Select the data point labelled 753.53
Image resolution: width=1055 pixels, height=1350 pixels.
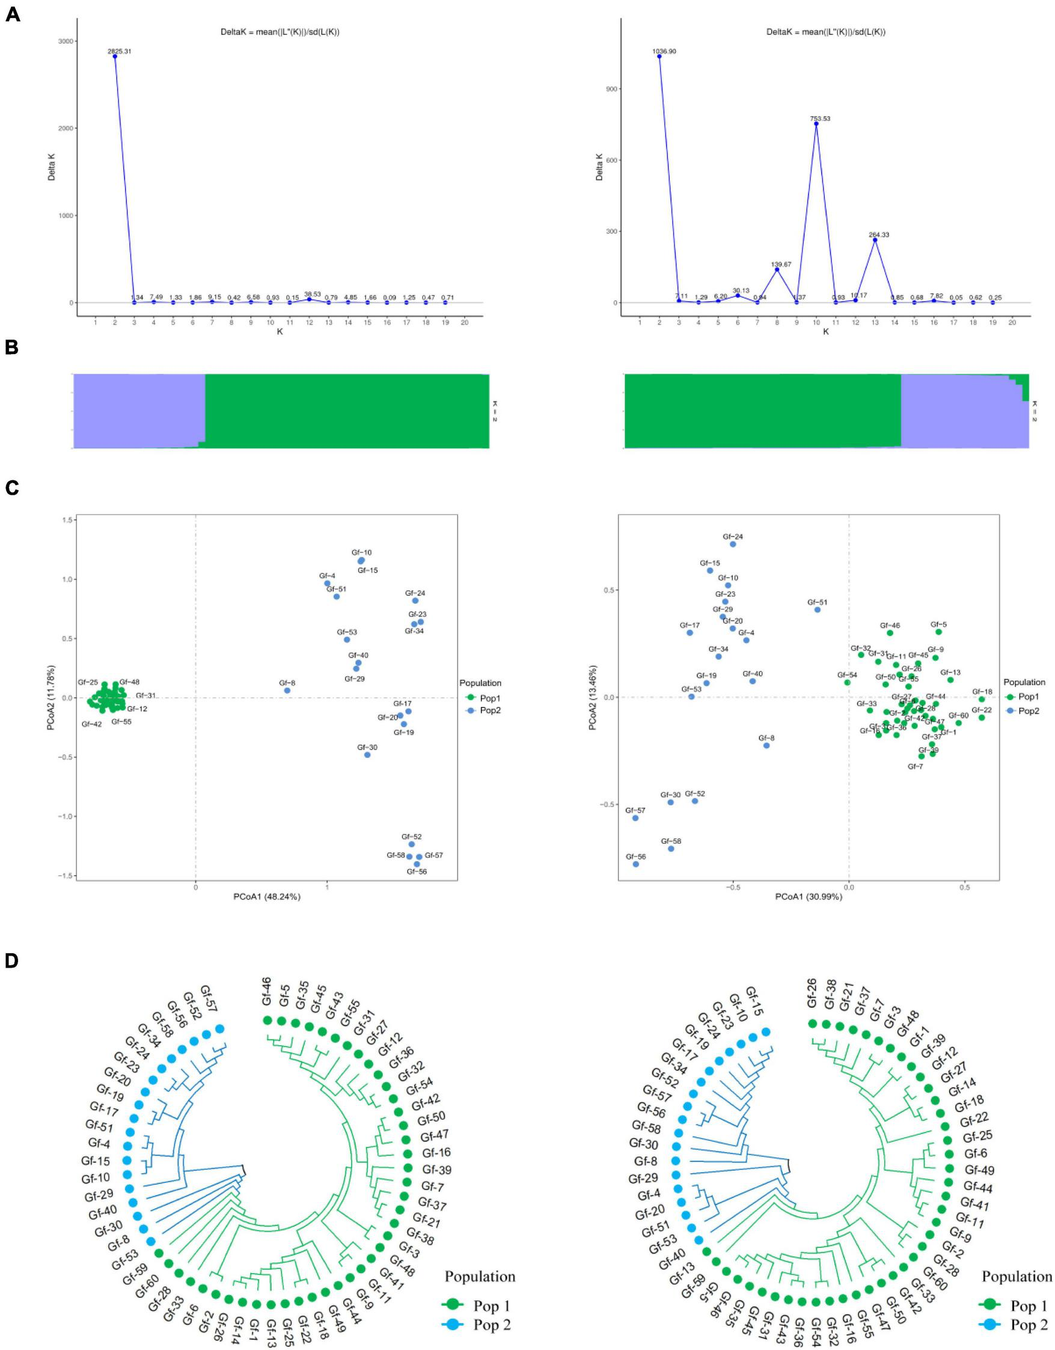(x=816, y=124)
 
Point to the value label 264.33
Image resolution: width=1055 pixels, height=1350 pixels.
(x=875, y=235)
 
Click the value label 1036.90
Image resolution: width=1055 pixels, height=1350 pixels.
(x=664, y=51)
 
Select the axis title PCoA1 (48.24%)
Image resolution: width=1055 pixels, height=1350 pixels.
(x=266, y=897)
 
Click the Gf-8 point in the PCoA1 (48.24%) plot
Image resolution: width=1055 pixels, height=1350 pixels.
(x=287, y=691)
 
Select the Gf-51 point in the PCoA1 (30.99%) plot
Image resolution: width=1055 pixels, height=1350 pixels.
(x=817, y=609)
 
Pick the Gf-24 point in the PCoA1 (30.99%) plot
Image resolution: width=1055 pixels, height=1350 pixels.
(x=733, y=544)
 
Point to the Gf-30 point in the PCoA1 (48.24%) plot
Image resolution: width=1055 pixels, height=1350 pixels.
(x=367, y=755)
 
